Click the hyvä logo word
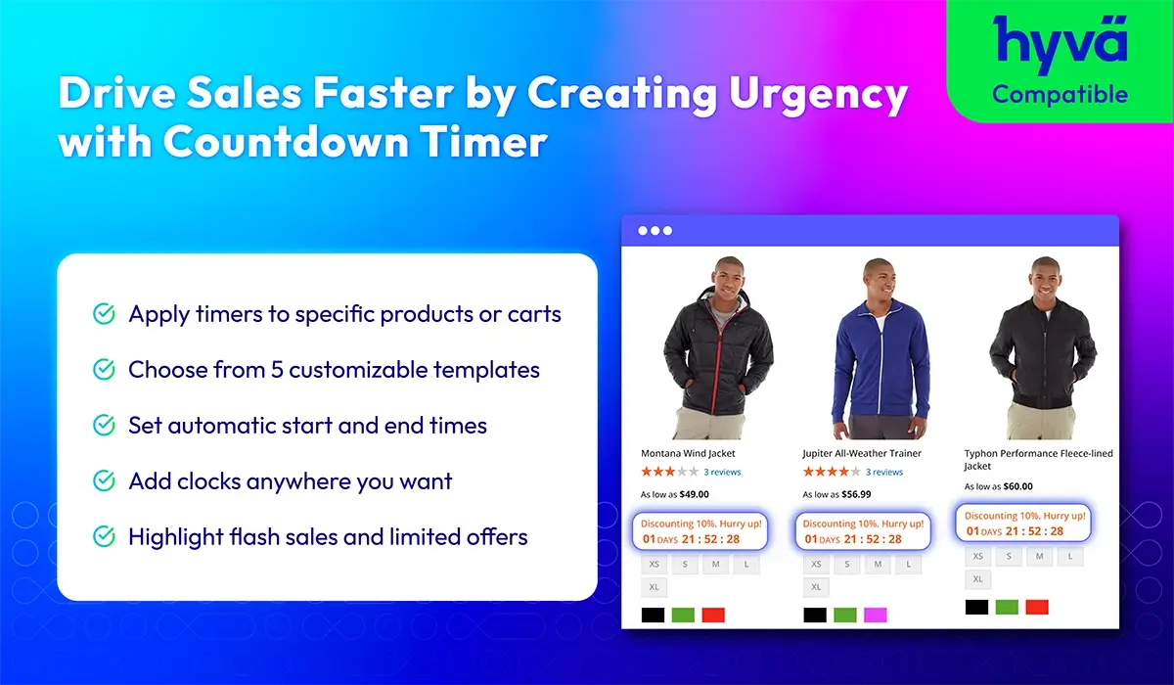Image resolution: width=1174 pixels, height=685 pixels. point(1060,44)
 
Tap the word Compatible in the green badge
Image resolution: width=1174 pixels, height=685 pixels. point(1060,94)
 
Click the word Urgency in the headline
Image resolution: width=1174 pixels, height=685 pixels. point(818,94)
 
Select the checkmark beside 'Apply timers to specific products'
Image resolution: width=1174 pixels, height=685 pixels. point(104,314)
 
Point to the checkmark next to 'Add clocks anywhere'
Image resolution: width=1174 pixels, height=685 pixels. point(104,480)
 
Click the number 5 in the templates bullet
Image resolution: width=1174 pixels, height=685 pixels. point(277,370)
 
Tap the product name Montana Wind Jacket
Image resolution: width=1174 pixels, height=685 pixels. point(688,453)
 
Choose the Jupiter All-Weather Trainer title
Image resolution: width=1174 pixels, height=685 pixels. point(862,453)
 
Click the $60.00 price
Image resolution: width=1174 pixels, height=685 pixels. point(1017,486)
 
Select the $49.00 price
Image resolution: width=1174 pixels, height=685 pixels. point(694,494)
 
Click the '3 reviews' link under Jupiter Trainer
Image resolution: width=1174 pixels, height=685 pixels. point(884,473)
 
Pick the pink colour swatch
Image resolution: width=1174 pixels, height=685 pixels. point(876,615)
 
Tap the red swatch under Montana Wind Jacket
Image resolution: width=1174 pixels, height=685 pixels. point(713,615)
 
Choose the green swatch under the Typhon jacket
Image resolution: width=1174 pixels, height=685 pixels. point(1007,608)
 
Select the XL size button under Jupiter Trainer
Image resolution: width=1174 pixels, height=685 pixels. point(816,587)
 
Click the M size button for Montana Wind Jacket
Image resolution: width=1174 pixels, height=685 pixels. point(715,565)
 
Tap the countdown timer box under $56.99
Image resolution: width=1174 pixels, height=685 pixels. point(863,531)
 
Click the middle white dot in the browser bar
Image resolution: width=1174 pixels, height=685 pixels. point(655,231)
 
